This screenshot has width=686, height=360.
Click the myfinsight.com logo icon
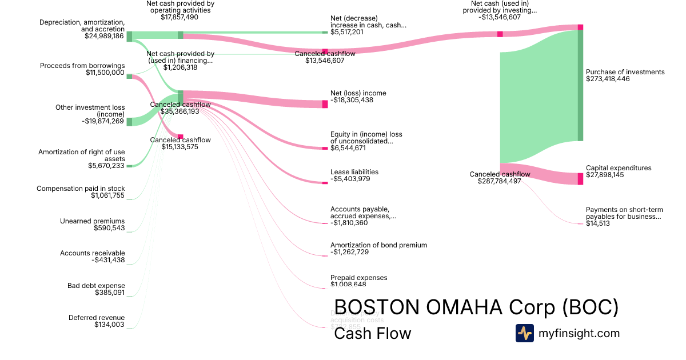[x=525, y=333]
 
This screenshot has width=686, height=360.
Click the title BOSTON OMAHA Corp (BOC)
[x=476, y=307]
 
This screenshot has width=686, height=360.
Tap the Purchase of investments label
[x=625, y=72]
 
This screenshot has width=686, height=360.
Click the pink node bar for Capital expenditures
[x=580, y=178]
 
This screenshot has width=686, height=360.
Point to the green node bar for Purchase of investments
[x=580, y=85]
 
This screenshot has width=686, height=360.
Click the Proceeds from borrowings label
[x=82, y=66]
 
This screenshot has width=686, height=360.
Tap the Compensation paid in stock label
[x=81, y=189]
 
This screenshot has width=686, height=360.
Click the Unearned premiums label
[x=92, y=221]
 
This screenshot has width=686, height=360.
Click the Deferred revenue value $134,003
[x=109, y=325]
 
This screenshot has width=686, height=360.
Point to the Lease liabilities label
[x=354, y=172]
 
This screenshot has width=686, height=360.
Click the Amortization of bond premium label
[x=378, y=245]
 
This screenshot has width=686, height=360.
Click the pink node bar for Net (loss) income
[x=325, y=104]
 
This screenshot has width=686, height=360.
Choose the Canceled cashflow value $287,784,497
[x=499, y=181]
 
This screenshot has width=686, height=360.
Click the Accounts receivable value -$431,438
[x=108, y=260]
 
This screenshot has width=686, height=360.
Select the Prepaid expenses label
[x=358, y=278]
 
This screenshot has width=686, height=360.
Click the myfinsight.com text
[x=579, y=333]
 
